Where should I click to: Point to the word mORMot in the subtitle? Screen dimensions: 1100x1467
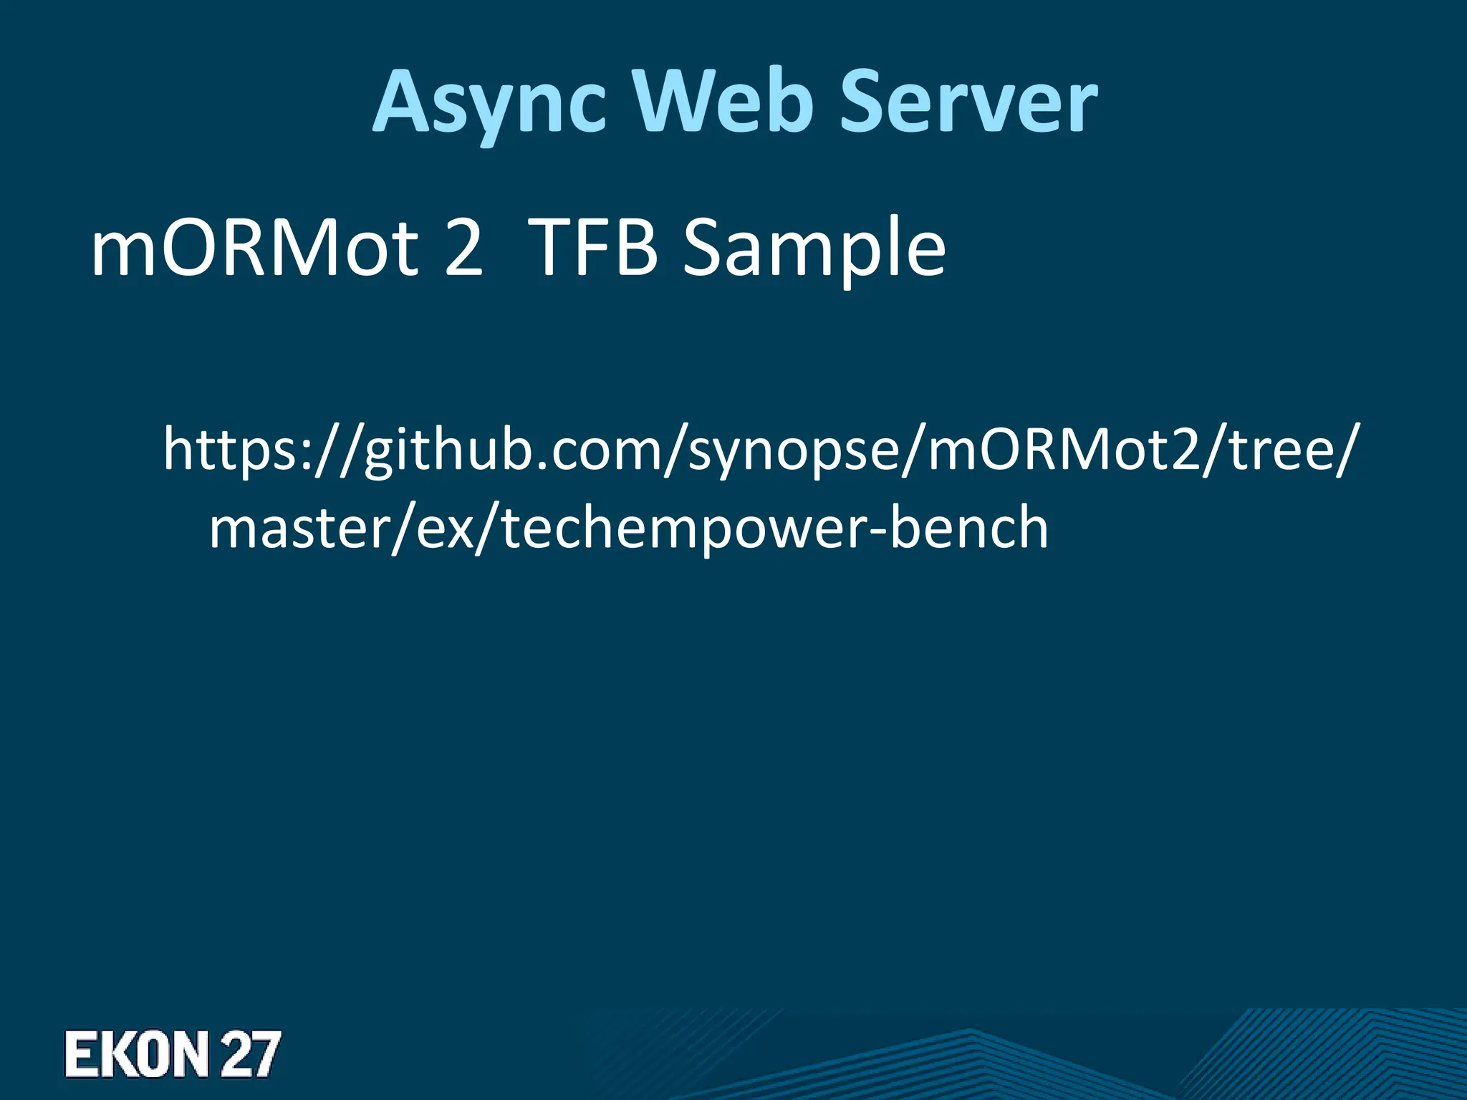pos(254,248)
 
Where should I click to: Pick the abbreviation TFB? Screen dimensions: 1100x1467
pos(595,248)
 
